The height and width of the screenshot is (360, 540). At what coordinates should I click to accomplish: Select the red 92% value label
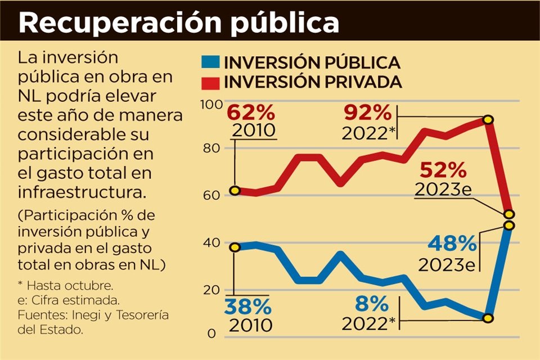(x=367, y=114)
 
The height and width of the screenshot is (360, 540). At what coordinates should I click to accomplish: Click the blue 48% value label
(x=452, y=244)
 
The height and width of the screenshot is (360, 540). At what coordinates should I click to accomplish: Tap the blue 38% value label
(x=247, y=307)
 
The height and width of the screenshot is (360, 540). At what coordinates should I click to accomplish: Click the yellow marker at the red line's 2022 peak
(x=488, y=119)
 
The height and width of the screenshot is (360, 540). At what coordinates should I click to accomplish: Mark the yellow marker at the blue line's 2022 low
(x=488, y=318)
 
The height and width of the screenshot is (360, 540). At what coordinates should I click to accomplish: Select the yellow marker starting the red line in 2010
(x=235, y=191)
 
